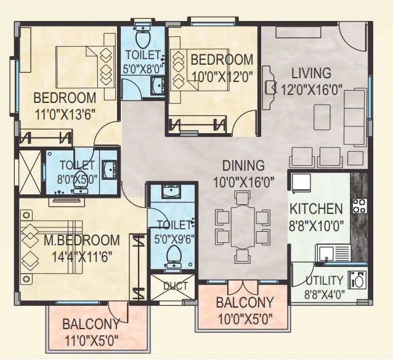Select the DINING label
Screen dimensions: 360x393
click(243, 165)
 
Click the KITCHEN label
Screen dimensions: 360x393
click(316, 208)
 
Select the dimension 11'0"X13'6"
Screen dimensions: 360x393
click(65, 113)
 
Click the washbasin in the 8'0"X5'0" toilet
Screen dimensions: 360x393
click(109, 168)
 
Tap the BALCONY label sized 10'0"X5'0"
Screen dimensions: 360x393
click(244, 303)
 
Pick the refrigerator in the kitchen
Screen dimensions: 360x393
click(302, 182)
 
